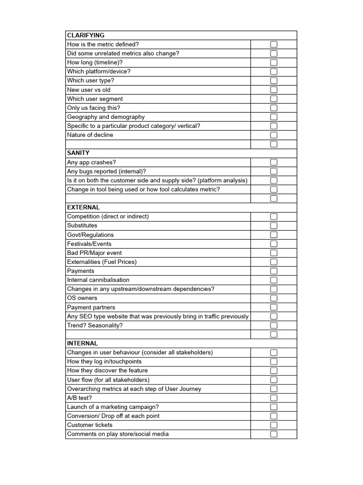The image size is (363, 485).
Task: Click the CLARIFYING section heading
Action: (x=86, y=36)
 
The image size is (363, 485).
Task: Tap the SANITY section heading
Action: (x=78, y=153)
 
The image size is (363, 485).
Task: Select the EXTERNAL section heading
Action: (x=83, y=207)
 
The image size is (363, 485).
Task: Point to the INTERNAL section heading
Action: (x=82, y=343)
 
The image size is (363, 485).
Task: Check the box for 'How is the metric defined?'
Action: (x=274, y=45)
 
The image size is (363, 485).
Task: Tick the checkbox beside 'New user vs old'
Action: (x=274, y=90)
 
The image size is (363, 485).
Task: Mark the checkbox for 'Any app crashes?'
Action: (x=274, y=162)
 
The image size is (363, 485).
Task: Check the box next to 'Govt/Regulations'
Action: (x=274, y=235)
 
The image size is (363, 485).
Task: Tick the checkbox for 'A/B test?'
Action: (x=274, y=398)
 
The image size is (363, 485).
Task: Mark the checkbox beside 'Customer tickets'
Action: (x=274, y=425)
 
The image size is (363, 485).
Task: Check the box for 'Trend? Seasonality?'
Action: (x=274, y=325)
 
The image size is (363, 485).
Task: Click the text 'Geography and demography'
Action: (x=106, y=117)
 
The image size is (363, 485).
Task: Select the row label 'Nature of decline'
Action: (x=90, y=135)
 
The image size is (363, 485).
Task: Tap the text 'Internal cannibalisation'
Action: (x=98, y=280)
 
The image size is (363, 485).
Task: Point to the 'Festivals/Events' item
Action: (x=89, y=244)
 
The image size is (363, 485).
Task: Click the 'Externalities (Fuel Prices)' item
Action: (x=102, y=262)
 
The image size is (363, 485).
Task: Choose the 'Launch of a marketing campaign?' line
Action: (x=113, y=407)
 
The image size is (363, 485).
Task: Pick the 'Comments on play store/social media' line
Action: (x=118, y=434)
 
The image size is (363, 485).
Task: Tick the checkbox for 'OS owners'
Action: (x=274, y=298)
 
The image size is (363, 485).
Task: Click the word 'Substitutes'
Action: (x=82, y=225)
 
